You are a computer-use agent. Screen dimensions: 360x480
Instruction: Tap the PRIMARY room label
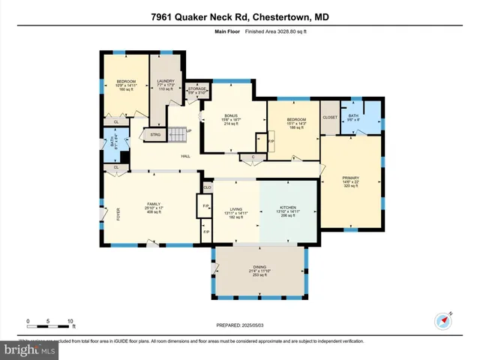point(351,178)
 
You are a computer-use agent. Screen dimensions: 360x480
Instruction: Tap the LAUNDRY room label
point(166,81)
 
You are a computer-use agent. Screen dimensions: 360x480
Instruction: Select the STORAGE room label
point(196,88)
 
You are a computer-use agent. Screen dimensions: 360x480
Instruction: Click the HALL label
point(184,156)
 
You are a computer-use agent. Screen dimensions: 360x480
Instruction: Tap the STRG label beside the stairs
point(155,135)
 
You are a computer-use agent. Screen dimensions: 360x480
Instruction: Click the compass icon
point(441,320)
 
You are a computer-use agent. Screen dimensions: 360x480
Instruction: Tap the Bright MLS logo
point(28,349)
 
